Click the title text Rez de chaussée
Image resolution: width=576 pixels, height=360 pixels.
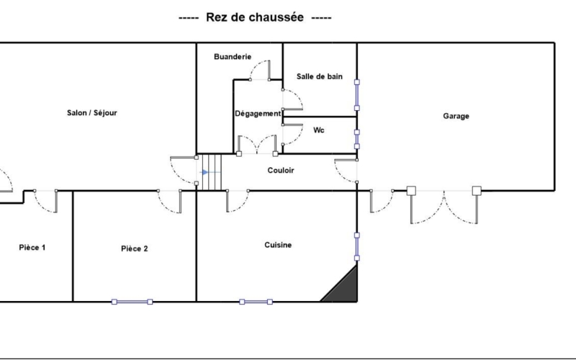pos(255,17)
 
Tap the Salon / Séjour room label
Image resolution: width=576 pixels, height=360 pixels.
pos(92,113)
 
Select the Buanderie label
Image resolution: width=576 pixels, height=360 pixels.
pos(233,57)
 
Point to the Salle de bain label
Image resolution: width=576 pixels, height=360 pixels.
pos(320,76)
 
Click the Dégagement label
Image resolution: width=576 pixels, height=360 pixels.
pos(258,114)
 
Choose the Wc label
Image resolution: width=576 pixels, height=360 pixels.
pos(319,130)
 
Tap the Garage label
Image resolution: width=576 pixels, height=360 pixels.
pos(456,116)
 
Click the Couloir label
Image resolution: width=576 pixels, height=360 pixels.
pos(281,170)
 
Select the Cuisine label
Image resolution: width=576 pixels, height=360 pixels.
pos(278,245)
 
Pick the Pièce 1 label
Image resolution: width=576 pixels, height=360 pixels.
pos(32,248)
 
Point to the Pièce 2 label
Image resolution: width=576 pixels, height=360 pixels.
pos(135,248)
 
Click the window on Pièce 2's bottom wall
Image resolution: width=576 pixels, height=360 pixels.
pos(132,302)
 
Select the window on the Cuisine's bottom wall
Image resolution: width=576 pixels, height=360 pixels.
pos(256,302)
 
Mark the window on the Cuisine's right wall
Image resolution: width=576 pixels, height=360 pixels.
pos(356,246)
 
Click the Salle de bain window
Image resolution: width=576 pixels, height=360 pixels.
pos(356,95)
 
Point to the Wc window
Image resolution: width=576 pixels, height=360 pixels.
pos(356,139)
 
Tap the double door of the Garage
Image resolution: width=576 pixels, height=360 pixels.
pos(444,207)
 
